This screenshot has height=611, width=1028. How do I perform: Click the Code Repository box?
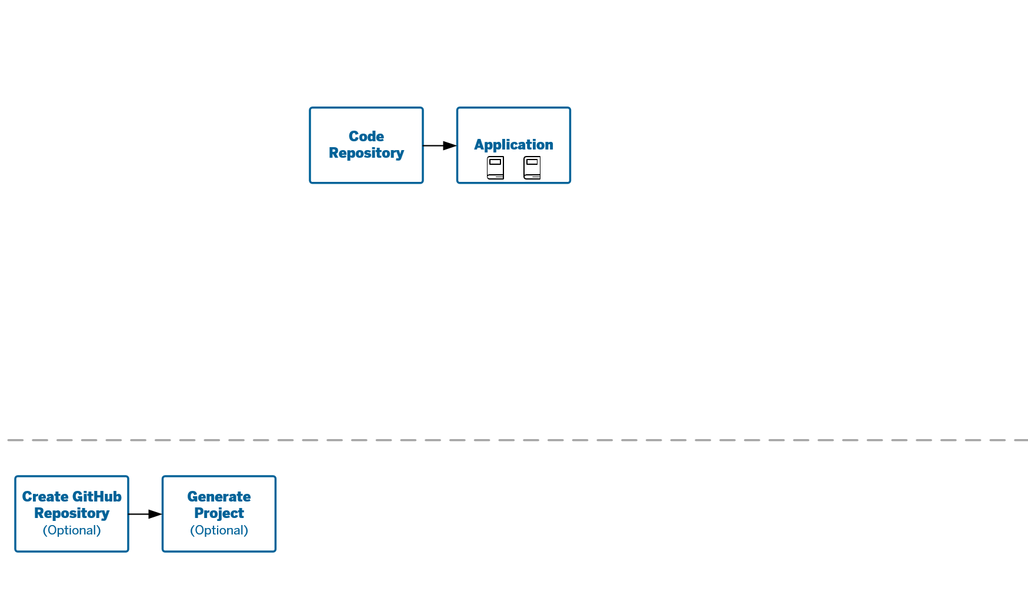[366, 145]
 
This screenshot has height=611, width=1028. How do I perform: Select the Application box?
[513, 145]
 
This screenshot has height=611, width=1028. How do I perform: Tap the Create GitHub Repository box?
[72, 514]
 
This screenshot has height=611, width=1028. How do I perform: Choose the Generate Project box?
[219, 514]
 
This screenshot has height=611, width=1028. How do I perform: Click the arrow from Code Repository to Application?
[440, 145]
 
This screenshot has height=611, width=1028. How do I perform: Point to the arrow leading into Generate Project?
[145, 514]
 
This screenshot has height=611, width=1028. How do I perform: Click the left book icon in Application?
[495, 168]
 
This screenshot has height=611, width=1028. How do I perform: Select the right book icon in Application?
[532, 168]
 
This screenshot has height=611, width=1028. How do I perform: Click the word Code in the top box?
[366, 137]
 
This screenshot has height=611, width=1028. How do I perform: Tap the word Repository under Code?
[366, 153]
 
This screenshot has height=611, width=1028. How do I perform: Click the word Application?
[513, 145]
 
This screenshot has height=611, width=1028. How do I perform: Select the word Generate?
[219, 497]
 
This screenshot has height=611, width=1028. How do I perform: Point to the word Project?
[219, 513]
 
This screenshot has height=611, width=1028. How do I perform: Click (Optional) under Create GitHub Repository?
[72, 530]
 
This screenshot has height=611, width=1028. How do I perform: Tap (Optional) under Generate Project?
[219, 530]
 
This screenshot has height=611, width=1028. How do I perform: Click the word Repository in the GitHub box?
[72, 513]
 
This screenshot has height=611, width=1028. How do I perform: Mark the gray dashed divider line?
[518, 440]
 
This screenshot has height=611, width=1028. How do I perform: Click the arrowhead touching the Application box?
[450, 145]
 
